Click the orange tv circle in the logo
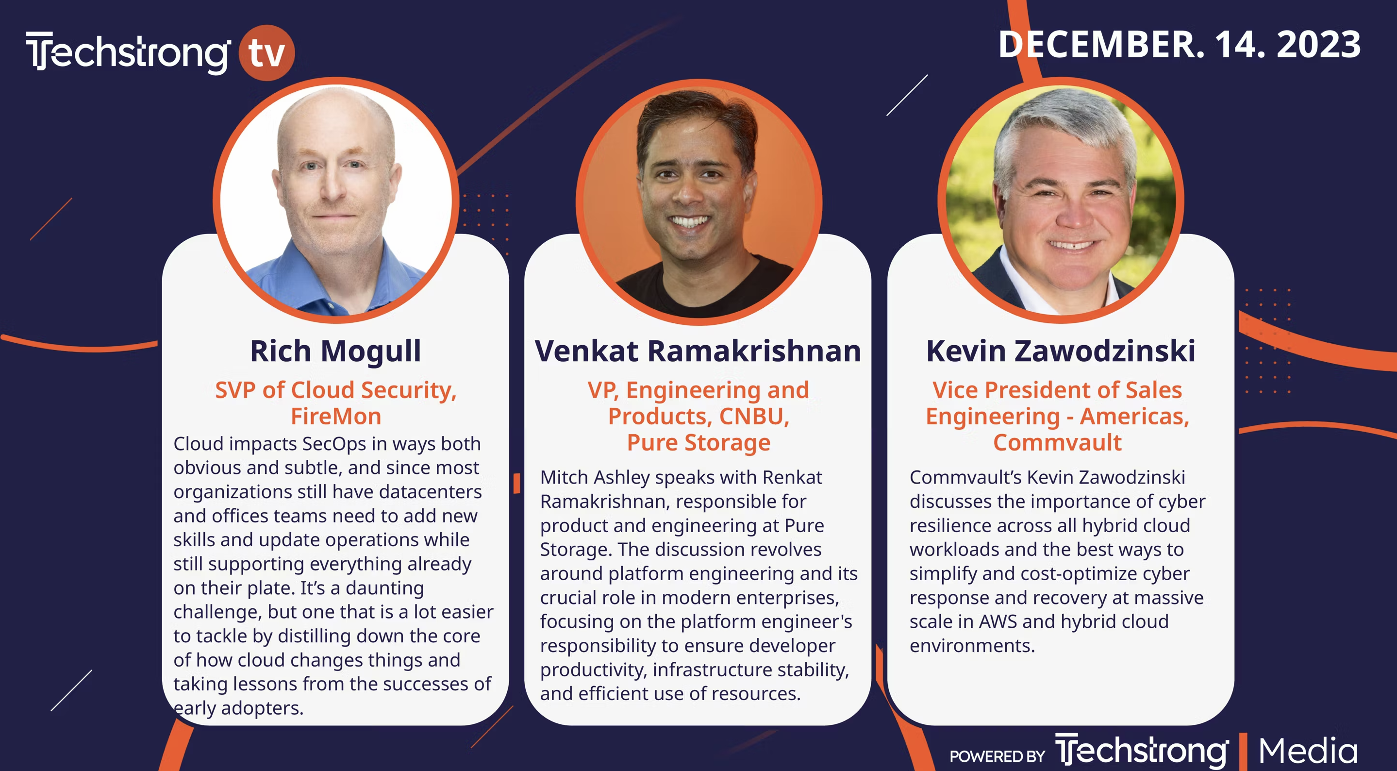267,52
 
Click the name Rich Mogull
336,351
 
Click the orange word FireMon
336,416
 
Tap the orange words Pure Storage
698,443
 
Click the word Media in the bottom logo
1308,751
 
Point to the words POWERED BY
997,756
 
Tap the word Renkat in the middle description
792,477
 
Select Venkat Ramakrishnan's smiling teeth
689,221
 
